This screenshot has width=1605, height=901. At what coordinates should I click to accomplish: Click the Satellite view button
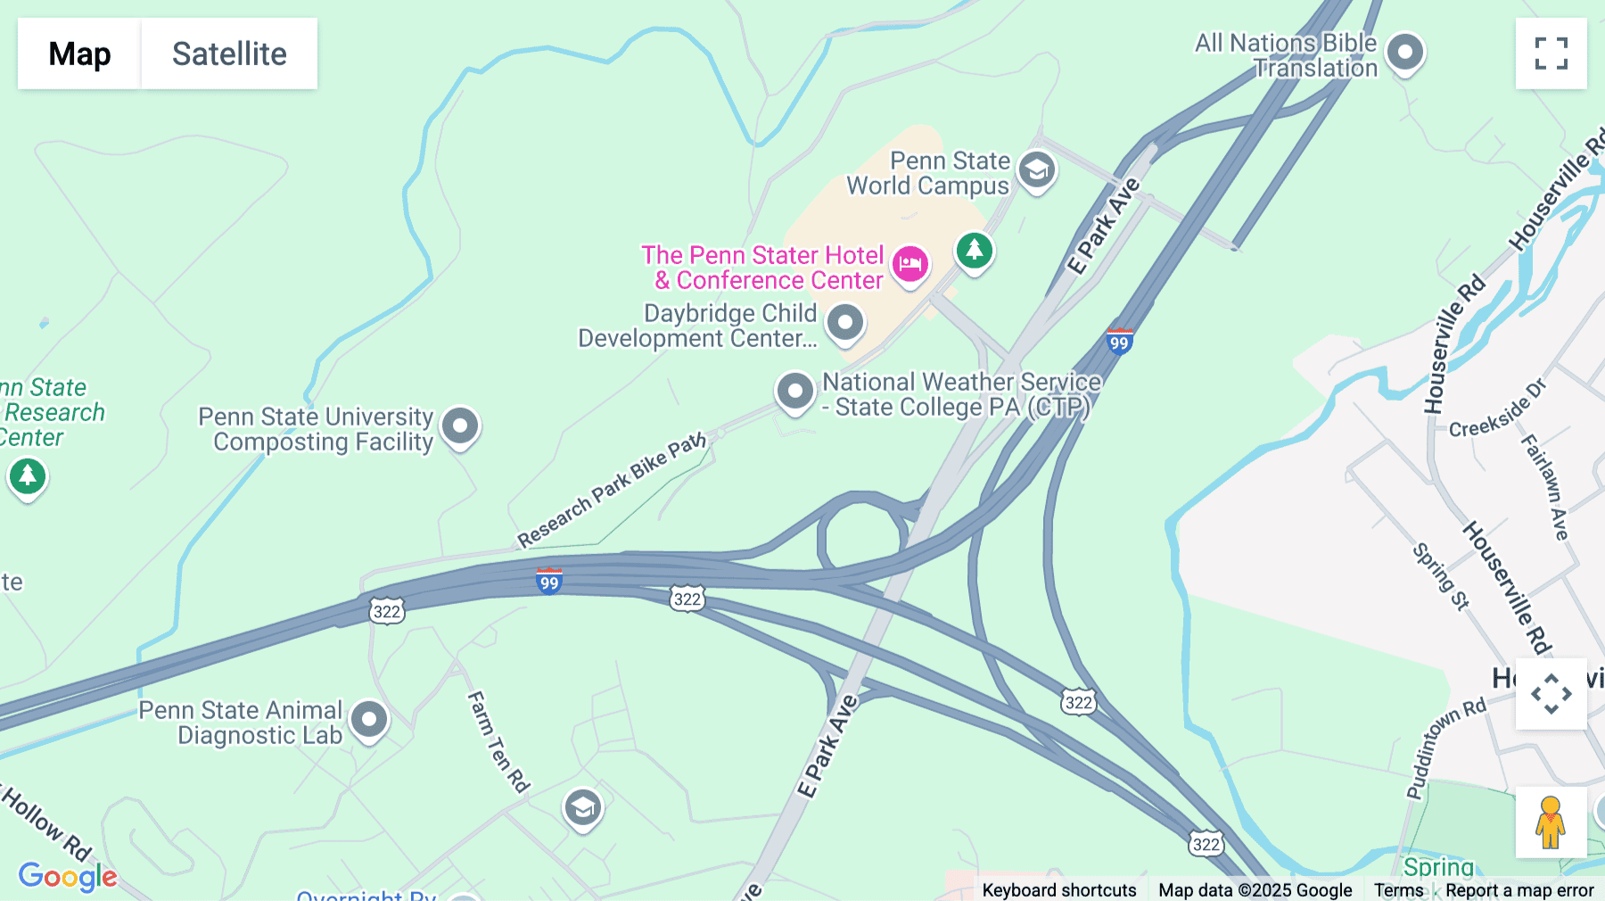coord(229,54)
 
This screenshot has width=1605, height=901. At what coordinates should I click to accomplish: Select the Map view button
coord(79,54)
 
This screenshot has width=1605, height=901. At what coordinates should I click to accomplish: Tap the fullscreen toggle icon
coord(1551,54)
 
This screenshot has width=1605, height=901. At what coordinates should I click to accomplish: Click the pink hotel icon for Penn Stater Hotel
coord(909,264)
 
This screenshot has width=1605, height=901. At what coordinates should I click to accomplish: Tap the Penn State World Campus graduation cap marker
coord(1036,169)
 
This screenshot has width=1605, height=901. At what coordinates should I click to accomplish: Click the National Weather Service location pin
coord(794,391)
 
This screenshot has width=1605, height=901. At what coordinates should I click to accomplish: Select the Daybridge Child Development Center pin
coord(844,322)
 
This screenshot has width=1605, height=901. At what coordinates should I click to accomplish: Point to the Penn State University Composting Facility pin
coord(460,426)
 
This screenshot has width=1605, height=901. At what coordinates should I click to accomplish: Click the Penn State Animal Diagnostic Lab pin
coord(369,719)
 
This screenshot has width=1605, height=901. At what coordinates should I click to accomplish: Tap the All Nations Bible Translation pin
coord(1405,52)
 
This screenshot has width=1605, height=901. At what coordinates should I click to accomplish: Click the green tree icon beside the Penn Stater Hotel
coord(975,250)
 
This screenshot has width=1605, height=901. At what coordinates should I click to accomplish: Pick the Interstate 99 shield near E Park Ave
coord(1119,342)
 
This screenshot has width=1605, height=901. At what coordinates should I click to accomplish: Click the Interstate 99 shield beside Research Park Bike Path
coord(549,582)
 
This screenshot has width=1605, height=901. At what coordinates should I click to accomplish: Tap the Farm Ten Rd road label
coord(498,741)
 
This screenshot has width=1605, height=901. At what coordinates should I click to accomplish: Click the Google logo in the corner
coord(68,876)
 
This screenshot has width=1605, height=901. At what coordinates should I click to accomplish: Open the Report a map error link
coord(1519,890)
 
